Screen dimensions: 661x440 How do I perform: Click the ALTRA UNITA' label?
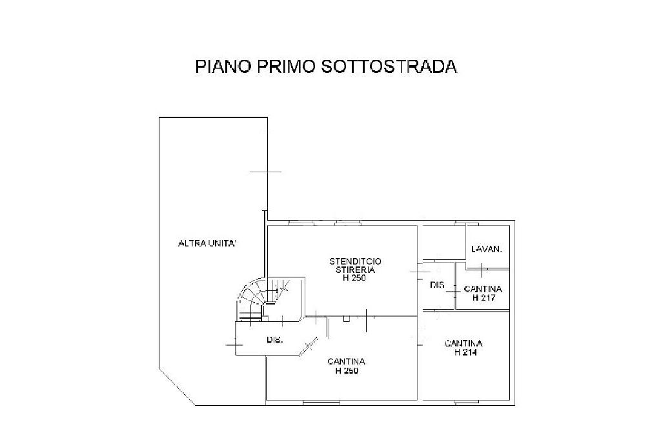tap(207, 243)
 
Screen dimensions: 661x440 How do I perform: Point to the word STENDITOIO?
tap(355, 261)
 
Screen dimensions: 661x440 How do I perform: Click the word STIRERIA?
tap(355, 270)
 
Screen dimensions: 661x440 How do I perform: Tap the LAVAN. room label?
tap(487, 249)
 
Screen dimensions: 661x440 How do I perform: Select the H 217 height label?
tap(483, 298)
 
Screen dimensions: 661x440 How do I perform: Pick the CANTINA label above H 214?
tap(464, 344)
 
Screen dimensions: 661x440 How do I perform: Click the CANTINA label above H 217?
tap(483, 290)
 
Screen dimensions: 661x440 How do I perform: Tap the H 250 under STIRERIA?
tap(355, 278)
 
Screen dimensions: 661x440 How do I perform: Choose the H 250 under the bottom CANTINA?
tap(347, 371)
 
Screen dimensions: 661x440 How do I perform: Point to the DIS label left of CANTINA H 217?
tap(436, 285)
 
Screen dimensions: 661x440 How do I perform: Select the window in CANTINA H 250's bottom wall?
tap(316, 403)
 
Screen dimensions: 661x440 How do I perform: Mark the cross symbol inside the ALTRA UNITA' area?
tap(265, 172)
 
